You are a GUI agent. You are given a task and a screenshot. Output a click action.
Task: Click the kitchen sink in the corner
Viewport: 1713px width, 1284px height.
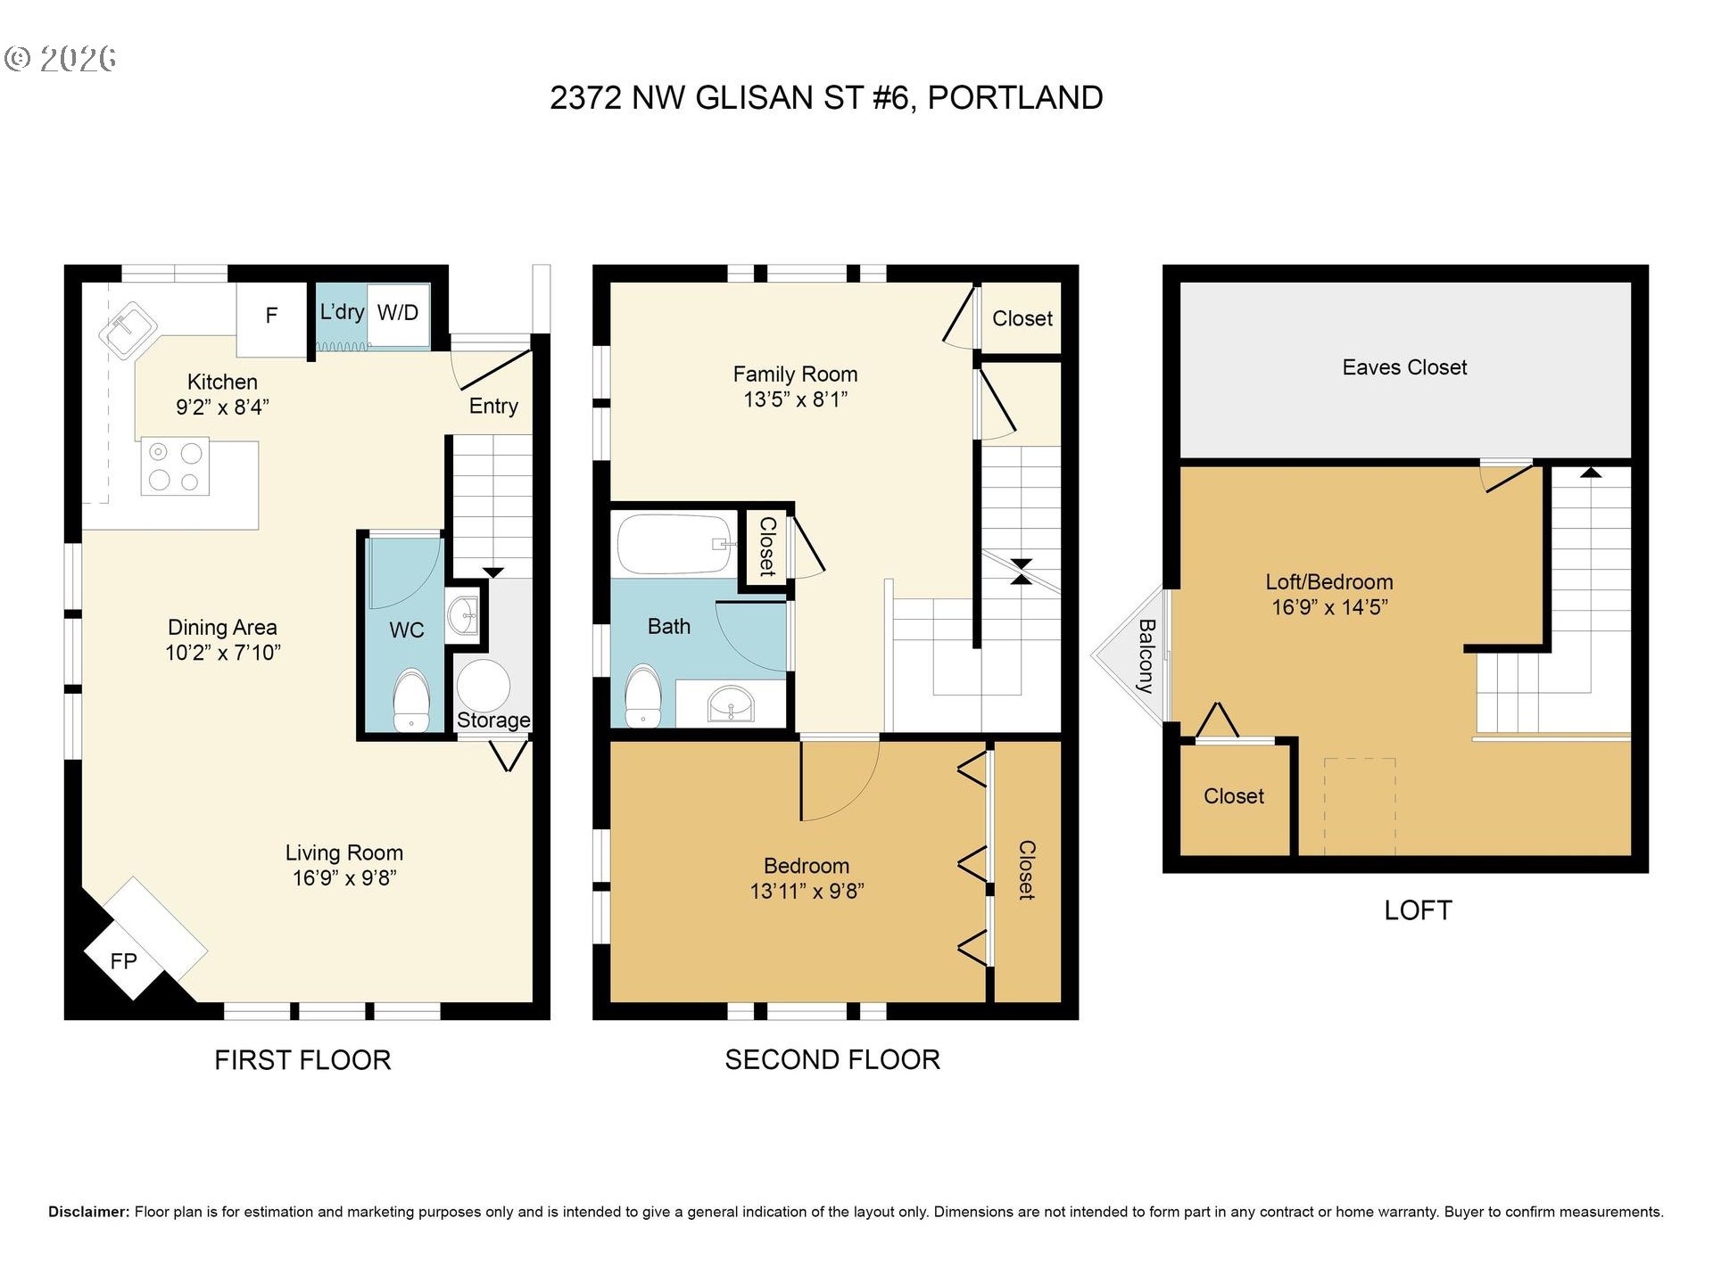(128, 330)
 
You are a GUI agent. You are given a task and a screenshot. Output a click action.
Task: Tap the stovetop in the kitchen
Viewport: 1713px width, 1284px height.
(175, 465)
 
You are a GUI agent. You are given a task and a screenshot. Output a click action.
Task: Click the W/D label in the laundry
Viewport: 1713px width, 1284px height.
(398, 312)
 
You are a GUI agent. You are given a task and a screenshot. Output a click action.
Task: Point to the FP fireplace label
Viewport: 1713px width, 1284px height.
(123, 961)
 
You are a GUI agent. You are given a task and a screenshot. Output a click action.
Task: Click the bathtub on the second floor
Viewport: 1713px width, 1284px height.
(675, 544)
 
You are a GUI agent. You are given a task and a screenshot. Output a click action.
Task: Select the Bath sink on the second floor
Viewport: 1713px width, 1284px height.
(731, 704)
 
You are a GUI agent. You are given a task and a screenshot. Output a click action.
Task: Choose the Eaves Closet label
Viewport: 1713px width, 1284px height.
(1404, 367)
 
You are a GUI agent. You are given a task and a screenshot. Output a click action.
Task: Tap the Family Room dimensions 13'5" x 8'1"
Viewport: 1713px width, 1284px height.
(795, 399)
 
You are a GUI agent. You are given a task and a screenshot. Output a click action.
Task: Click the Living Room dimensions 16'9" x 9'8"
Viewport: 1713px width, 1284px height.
(344, 878)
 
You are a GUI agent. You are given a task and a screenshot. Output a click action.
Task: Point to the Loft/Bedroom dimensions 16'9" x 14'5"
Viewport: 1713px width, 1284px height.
(1329, 607)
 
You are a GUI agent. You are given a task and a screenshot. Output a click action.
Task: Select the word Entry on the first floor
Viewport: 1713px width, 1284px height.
(493, 407)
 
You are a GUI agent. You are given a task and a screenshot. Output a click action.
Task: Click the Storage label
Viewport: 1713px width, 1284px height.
(493, 720)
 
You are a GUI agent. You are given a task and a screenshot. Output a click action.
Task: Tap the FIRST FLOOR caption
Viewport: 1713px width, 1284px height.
(302, 1060)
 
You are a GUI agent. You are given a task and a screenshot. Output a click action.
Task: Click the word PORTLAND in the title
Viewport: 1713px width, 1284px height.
(1015, 98)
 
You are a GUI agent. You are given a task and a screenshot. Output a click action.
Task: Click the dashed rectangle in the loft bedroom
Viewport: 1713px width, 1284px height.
(1360, 806)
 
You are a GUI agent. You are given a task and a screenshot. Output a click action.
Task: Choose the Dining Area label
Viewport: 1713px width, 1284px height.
(222, 628)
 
